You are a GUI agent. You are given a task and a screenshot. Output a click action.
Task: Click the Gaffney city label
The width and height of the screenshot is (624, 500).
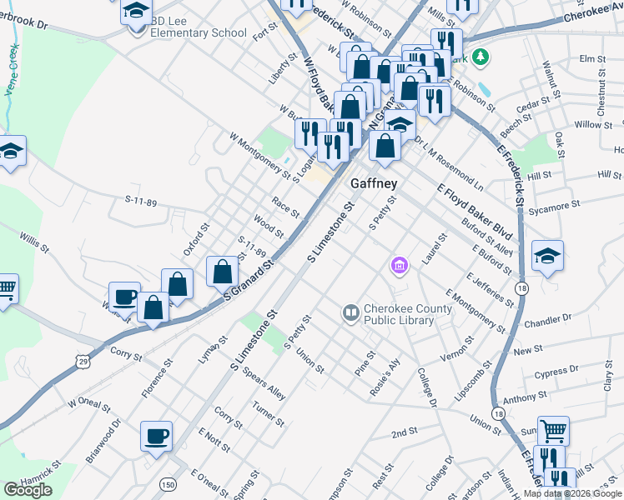pyautogui.click(x=373, y=183)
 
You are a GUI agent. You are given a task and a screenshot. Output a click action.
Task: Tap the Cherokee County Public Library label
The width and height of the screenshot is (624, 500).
pyautogui.click(x=404, y=314)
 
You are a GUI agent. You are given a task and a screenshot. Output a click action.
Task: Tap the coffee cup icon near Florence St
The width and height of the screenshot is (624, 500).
pyautogui.click(x=157, y=436)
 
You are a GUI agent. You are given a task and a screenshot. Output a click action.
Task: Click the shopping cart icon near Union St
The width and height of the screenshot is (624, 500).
pyautogui.click(x=553, y=431)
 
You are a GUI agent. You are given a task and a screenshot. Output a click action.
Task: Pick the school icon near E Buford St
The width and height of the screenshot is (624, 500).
pyautogui.click(x=547, y=255)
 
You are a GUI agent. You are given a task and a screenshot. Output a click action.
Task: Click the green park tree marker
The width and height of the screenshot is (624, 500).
pyautogui.click(x=480, y=57)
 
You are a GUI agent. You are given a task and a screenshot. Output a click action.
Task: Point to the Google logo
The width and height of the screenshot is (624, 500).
pyautogui.click(x=28, y=491)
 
